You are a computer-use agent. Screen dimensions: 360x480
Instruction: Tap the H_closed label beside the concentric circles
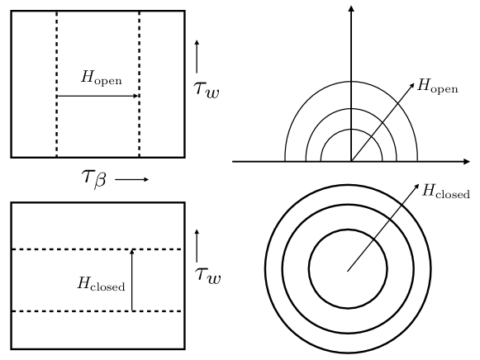(x=447, y=193)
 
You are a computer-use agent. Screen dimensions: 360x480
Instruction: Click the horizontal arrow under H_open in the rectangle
(x=97, y=96)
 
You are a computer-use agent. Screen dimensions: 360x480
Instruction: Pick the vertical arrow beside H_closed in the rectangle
(x=131, y=281)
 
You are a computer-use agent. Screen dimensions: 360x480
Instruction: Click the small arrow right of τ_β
(x=132, y=178)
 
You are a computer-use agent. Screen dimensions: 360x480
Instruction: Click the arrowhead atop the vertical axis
(x=352, y=8)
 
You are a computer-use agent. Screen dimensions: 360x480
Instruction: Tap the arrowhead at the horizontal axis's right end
(x=473, y=162)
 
